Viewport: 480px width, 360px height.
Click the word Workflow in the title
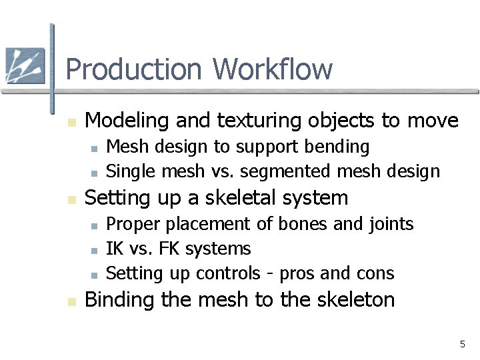(x=273, y=69)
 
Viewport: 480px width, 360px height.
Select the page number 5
(x=462, y=344)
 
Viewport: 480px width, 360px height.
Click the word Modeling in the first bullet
(x=125, y=121)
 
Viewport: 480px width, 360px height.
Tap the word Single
(x=131, y=171)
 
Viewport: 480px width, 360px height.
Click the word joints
(x=390, y=223)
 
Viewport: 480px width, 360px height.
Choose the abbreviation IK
(x=115, y=249)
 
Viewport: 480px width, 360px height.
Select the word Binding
(x=121, y=299)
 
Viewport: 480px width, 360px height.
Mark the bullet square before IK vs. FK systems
(x=94, y=250)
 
